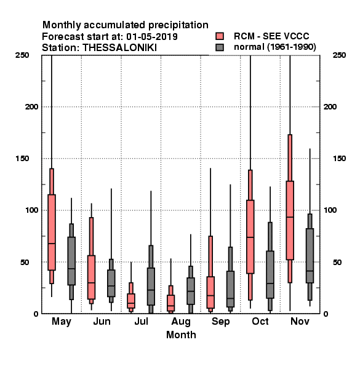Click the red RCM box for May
52,232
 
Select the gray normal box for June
111,283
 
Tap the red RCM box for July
131,301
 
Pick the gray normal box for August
191,291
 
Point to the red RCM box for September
210,292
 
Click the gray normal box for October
270,274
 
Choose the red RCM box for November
290,220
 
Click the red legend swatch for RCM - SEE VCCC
220,36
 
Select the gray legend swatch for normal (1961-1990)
220,47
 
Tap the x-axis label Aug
181,322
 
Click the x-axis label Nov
300,321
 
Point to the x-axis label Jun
102,321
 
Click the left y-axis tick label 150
22,159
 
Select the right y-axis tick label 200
330,106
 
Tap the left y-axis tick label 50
25,262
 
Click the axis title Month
181,335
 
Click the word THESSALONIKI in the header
119,48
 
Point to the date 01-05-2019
152,37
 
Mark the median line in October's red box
250,237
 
